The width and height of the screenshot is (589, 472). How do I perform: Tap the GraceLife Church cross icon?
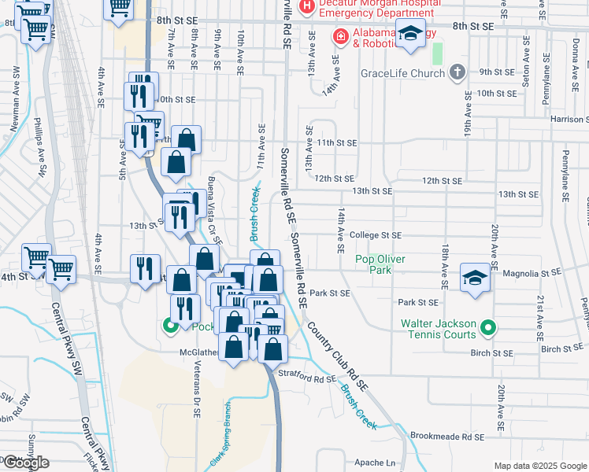(x=457, y=73)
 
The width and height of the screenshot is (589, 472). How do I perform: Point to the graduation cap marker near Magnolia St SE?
(x=476, y=277)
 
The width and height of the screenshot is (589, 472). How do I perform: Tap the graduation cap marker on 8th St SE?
(x=409, y=35)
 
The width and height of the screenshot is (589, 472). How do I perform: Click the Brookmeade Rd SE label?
(x=446, y=435)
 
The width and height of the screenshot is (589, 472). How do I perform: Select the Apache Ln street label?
(x=374, y=463)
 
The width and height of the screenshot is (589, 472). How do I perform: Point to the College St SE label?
(x=376, y=235)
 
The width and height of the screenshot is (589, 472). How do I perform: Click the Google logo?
(x=26, y=462)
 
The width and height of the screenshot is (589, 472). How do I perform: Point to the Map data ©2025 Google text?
(x=539, y=466)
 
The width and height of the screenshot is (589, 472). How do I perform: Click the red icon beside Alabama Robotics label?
(x=340, y=36)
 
